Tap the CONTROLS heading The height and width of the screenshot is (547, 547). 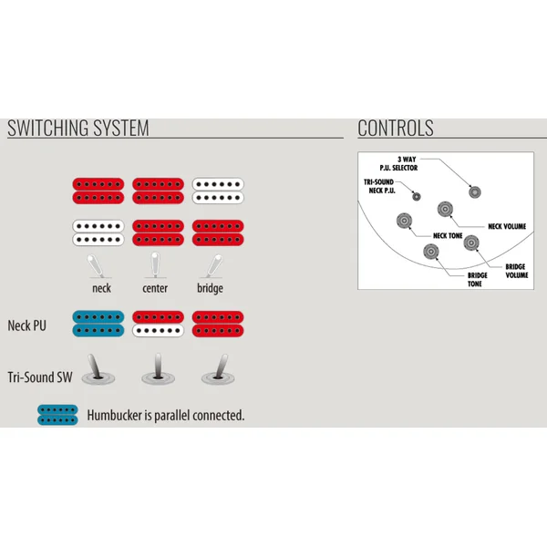[x=396, y=128]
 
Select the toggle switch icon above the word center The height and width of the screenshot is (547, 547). [x=155, y=265]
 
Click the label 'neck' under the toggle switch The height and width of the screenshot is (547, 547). [x=101, y=288]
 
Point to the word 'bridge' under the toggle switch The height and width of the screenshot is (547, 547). [x=210, y=288]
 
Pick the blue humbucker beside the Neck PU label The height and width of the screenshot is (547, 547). [x=98, y=324]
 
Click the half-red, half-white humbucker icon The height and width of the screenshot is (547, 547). [x=158, y=324]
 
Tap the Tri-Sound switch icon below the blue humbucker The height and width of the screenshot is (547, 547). [x=98, y=370]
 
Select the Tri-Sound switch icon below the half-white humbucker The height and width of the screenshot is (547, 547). [x=158, y=370]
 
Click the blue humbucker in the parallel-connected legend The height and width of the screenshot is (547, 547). [x=57, y=415]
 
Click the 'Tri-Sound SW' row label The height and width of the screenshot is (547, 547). [x=40, y=377]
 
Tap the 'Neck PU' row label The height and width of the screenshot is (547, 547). [x=26, y=325]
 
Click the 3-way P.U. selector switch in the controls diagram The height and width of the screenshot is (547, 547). [x=475, y=191]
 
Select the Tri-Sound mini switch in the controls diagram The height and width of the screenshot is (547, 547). [x=417, y=196]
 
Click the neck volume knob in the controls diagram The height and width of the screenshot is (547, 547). [x=445, y=209]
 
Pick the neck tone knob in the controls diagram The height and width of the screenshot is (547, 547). [x=404, y=221]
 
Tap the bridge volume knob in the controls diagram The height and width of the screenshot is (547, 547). [x=471, y=243]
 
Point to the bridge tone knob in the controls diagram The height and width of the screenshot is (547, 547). [x=431, y=252]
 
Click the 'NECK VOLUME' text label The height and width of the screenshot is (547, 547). [x=507, y=226]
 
